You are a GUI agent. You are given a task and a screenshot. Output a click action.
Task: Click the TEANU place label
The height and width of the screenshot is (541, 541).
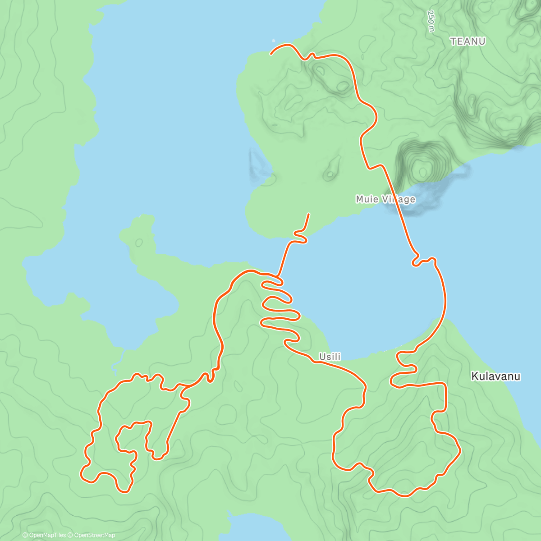click(x=468, y=41)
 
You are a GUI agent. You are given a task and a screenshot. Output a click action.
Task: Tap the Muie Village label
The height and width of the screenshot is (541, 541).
click(x=385, y=199)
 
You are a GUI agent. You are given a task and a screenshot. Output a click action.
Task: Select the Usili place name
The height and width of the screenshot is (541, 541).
click(x=330, y=357)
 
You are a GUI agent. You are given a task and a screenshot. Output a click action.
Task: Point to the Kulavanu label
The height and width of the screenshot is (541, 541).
click(x=495, y=376)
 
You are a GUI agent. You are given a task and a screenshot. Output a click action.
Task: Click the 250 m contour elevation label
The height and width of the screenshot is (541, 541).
click(x=431, y=21)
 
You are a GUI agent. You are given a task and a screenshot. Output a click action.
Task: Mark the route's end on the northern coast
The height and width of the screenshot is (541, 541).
click(x=271, y=54)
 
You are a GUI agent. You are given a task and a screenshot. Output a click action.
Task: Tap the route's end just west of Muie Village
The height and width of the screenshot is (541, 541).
click(x=309, y=214)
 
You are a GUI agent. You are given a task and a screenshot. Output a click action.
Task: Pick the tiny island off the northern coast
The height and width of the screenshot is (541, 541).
click(x=273, y=41)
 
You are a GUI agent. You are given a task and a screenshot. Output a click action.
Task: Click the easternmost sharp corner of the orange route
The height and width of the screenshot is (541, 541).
click(x=460, y=450)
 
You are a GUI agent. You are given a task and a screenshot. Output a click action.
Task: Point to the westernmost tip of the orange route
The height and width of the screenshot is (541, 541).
click(x=81, y=474)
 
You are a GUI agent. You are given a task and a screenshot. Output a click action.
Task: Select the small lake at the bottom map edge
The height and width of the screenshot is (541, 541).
click(x=252, y=527)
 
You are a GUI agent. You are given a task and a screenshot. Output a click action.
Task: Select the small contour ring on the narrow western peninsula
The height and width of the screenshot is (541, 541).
click(x=138, y=243)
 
